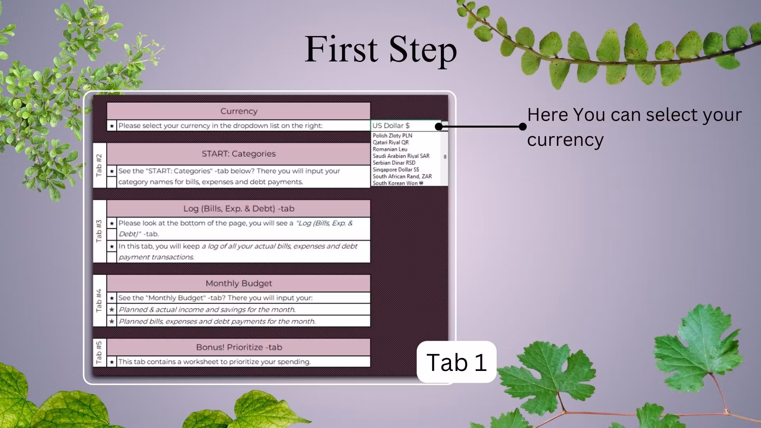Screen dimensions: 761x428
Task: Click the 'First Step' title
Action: (380, 49)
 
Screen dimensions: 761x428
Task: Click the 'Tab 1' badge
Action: (457, 362)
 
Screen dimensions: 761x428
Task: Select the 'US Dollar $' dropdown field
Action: (405, 126)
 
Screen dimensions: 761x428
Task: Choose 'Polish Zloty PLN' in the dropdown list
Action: (392, 136)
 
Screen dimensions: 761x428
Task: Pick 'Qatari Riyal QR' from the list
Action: (390, 142)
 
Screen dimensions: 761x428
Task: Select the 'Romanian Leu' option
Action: (390, 149)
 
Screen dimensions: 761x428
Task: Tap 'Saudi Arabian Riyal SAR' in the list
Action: (401, 156)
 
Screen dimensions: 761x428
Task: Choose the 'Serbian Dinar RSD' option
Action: (394, 162)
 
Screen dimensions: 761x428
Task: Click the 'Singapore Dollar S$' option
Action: (396, 169)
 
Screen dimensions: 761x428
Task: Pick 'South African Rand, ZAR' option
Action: (402, 176)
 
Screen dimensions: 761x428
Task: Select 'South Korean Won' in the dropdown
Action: (398, 183)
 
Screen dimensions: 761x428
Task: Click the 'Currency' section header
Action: (239, 111)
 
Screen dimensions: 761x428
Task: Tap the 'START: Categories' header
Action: (239, 154)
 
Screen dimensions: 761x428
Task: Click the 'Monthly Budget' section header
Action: (239, 283)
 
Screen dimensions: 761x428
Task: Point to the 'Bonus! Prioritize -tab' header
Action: (239, 347)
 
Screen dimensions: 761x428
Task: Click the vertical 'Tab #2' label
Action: (99, 165)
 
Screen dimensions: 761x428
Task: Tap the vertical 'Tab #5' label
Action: (99, 352)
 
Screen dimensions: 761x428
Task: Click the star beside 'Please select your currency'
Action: (112, 126)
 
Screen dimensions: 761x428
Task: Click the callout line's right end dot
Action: (523, 126)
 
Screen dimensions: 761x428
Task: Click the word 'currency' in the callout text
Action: (565, 140)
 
